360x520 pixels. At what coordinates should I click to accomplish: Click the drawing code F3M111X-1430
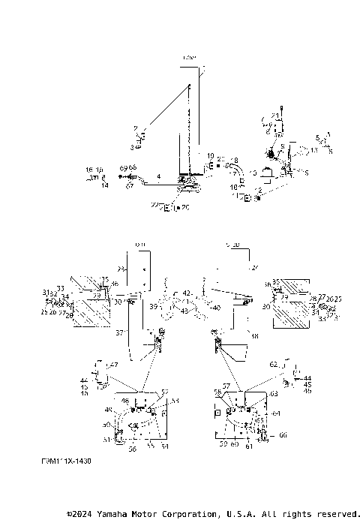pyautogui.click(x=66, y=461)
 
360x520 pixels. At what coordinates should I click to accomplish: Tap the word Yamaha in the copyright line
pyautogui.click(x=113, y=514)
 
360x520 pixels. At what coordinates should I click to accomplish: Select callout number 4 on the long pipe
pyautogui.click(x=158, y=176)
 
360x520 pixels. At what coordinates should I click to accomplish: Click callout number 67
pyautogui.click(x=129, y=185)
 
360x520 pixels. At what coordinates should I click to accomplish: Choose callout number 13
pyautogui.click(x=314, y=151)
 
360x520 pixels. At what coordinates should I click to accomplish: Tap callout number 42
pyautogui.click(x=187, y=293)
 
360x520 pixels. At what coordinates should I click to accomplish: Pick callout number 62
pyautogui.click(x=274, y=363)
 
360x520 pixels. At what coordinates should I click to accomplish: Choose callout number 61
pyautogui.click(x=249, y=446)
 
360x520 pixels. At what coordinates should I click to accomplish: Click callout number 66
pyautogui.click(x=283, y=434)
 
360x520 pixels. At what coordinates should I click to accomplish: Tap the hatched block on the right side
pyautogui.click(x=289, y=313)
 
